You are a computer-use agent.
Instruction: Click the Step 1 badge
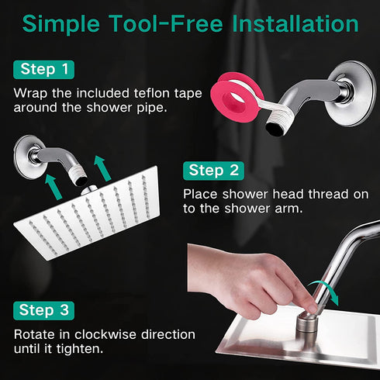point(43,70)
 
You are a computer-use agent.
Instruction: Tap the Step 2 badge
point(213,171)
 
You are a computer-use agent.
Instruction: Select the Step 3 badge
point(43,310)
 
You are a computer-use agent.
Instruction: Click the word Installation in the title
point(295,24)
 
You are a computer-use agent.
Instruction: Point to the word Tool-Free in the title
point(165,24)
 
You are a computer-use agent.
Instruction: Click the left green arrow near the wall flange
point(53,187)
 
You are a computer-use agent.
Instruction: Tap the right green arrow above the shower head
point(102,168)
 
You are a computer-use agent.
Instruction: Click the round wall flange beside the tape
point(351,93)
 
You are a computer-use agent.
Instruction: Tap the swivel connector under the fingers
point(307,326)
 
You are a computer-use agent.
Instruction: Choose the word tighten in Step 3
point(80,348)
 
